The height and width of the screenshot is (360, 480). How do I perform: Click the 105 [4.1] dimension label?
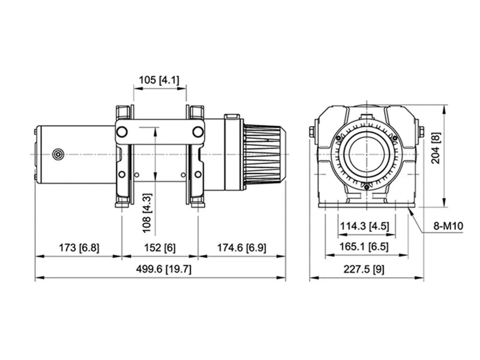click(159, 80)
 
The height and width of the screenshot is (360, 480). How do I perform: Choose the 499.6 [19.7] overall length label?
click(161, 269)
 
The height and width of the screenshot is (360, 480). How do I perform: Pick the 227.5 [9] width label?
click(365, 269)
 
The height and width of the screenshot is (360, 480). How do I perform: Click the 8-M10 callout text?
click(448, 226)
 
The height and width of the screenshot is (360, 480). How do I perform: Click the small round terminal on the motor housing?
click(58, 154)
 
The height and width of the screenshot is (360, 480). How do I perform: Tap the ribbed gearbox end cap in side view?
click(263, 154)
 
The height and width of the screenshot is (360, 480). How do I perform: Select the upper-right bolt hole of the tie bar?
click(197, 132)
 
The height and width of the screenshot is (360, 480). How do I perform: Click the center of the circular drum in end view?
click(367, 154)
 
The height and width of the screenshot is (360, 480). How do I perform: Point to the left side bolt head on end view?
click(313, 132)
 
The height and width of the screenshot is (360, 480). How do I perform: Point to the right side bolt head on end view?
click(421, 132)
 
